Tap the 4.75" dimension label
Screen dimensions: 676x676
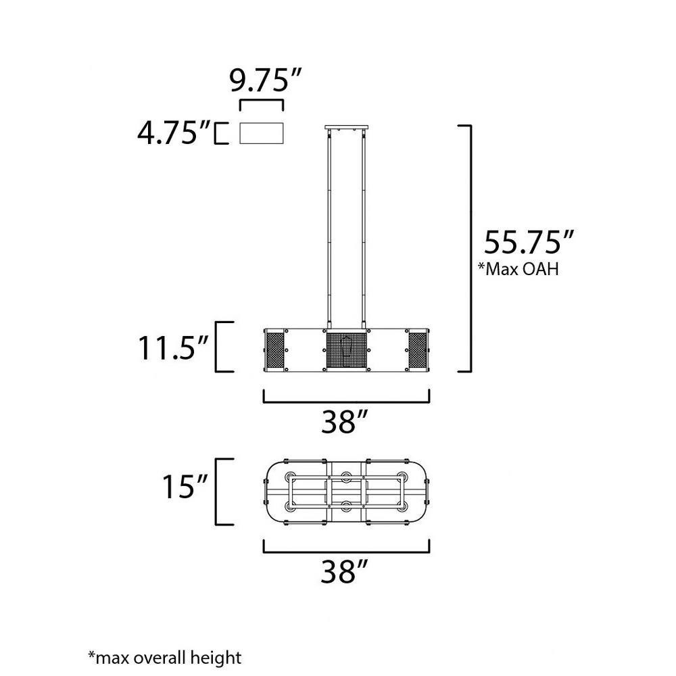point(174,132)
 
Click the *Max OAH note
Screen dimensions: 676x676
point(518,268)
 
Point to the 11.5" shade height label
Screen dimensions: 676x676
point(173,347)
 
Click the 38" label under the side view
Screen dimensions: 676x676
point(345,422)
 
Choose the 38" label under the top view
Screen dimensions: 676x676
point(345,572)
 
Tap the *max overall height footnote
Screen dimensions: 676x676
point(165,658)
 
